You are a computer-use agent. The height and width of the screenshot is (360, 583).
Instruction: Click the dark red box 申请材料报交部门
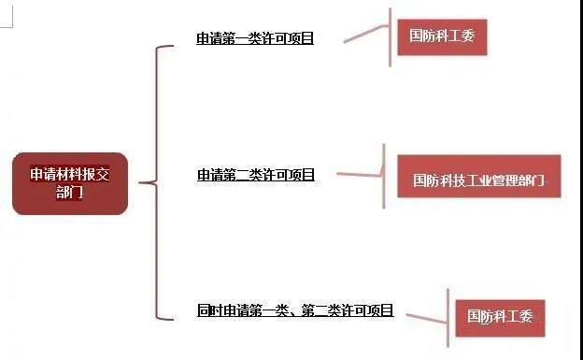pyautogui.click(x=69, y=183)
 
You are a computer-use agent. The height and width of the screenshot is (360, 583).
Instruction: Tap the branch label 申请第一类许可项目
pyautogui.click(x=255, y=39)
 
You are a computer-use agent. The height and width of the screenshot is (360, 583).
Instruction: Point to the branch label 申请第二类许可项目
pyautogui.click(x=255, y=175)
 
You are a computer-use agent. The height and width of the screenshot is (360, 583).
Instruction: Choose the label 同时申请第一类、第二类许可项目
pyautogui.click(x=295, y=310)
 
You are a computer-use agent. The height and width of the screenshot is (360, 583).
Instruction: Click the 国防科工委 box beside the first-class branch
pyautogui.click(x=442, y=36)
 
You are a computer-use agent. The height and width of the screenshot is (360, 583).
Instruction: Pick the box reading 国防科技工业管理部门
pyautogui.click(x=479, y=178)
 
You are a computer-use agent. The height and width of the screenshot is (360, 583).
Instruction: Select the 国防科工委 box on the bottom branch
pyautogui.click(x=500, y=316)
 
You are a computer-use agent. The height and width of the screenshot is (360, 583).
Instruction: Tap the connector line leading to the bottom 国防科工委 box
pyautogui.click(x=421, y=316)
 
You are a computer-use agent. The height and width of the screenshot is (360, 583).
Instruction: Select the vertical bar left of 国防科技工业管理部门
pyautogui.click(x=384, y=176)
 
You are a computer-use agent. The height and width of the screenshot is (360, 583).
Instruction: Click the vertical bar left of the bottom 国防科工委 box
pyautogui.click(x=447, y=316)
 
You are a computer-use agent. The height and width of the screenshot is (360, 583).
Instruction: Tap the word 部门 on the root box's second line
pyautogui.click(x=69, y=193)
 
